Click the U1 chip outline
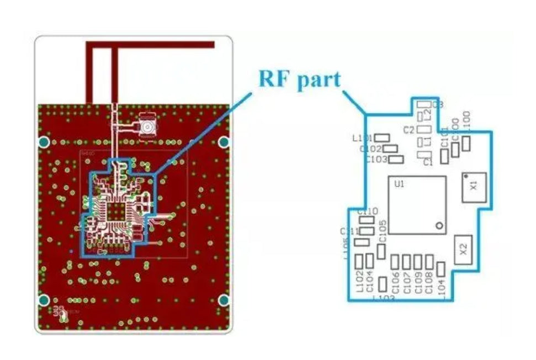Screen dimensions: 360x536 pos(417,205)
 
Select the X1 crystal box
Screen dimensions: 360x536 pos(474,187)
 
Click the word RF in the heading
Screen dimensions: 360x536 pos(275,79)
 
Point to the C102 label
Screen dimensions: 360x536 pos(370,149)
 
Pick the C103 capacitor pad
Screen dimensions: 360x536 pos(396,160)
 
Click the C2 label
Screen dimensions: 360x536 pos(409,130)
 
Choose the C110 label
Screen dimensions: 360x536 pos(368,211)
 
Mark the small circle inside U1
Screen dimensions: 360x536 pos(439,225)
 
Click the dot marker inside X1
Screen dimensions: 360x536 pos(467,176)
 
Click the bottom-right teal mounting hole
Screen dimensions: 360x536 pos(224,300)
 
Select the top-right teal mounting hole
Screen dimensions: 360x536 pos(224,142)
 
